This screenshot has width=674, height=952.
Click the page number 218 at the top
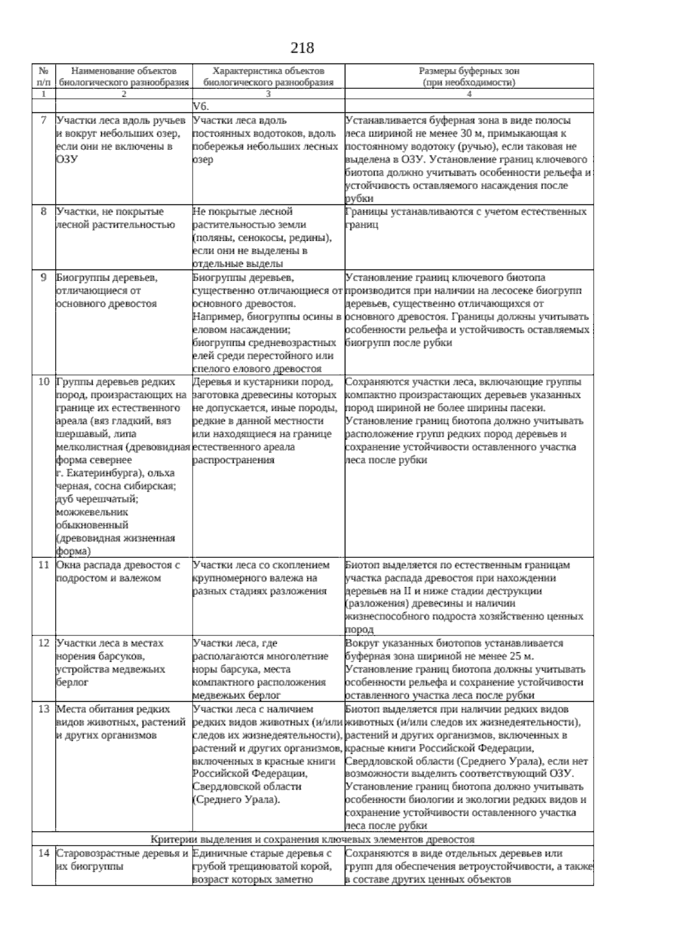pos(302,48)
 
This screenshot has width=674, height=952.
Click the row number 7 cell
pos(43,121)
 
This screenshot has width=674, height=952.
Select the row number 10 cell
pos(43,382)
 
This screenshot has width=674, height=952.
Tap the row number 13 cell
pos(43,710)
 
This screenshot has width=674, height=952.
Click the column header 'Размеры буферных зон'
pos(469,76)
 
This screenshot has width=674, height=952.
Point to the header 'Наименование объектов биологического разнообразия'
pos(124,76)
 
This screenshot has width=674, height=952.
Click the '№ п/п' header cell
pos(43,76)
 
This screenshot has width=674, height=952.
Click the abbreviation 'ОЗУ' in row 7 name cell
pos(67,160)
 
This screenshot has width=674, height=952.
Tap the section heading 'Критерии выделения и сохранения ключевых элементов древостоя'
pos(312,840)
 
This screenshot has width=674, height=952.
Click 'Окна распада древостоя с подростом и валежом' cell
pos(118,571)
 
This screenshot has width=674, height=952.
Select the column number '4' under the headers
pos(468,94)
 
